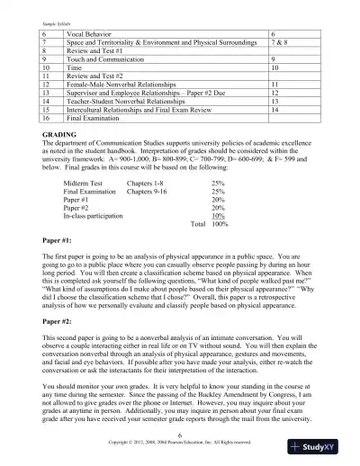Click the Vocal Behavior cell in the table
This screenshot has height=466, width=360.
click(x=89, y=31)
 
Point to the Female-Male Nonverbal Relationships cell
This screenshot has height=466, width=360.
click(x=121, y=83)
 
